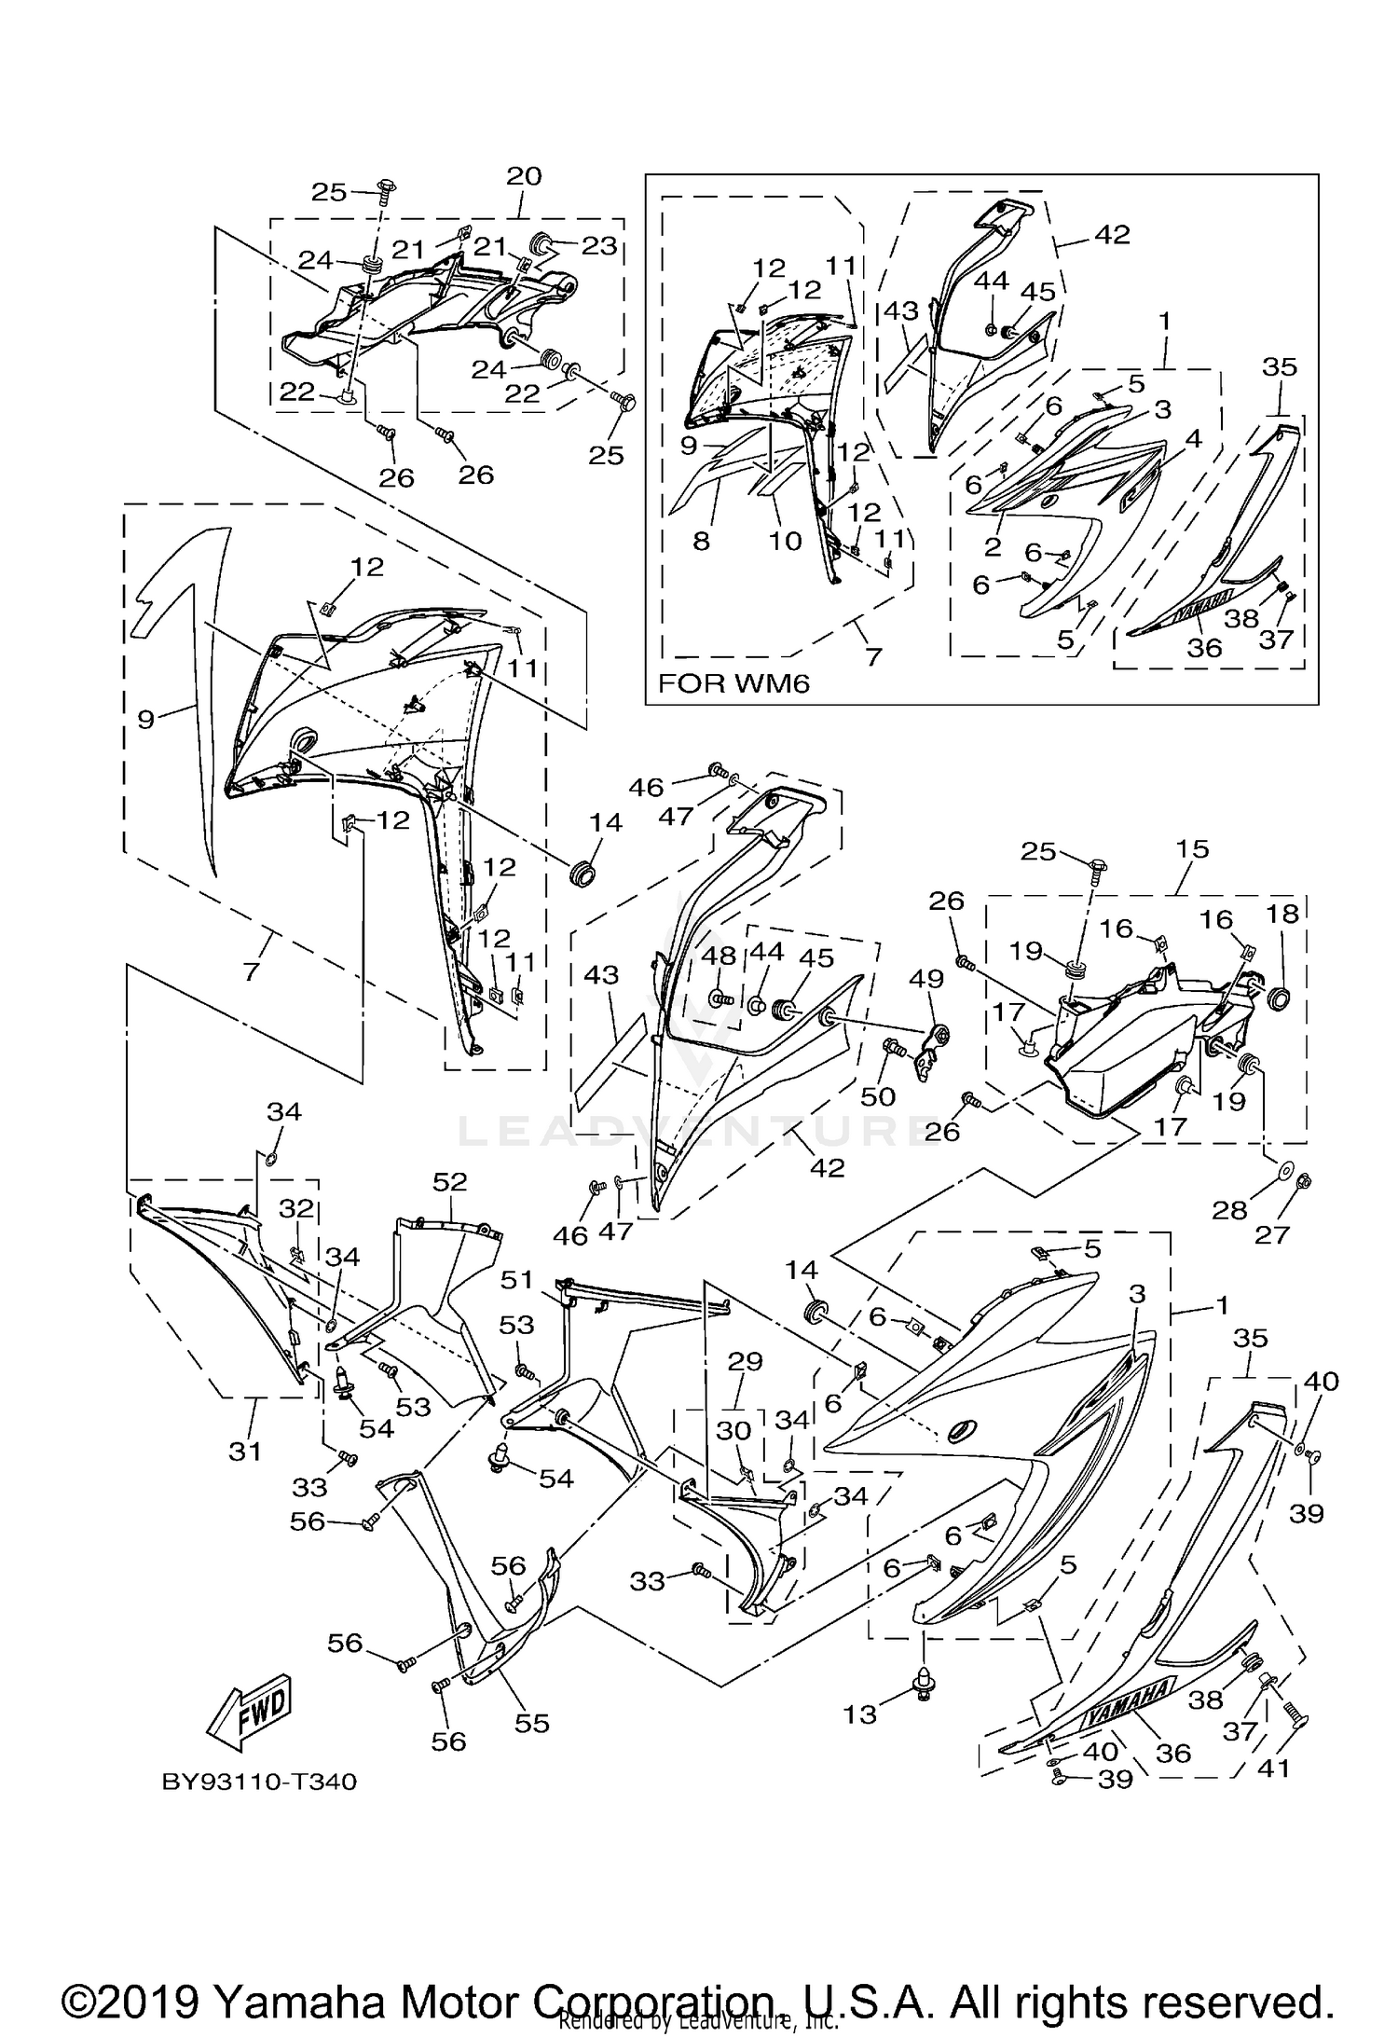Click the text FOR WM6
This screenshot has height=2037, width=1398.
click(733, 683)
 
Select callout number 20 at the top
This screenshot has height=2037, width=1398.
click(524, 176)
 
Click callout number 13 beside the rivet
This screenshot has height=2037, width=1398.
click(859, 1714)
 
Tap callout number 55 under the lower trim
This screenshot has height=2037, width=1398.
click(532, 1723)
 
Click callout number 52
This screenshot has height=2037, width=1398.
click(449, 1182)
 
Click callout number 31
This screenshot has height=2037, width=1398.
click(245, 1451)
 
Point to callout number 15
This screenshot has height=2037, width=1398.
click(1192, 849)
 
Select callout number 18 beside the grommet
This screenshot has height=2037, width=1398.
click(1282, 914)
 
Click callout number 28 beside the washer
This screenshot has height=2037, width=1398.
click(1228, 1210)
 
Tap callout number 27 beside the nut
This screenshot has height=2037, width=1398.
click(1272, 1234)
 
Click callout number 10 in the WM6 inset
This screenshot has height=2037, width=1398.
click(785, 541)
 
